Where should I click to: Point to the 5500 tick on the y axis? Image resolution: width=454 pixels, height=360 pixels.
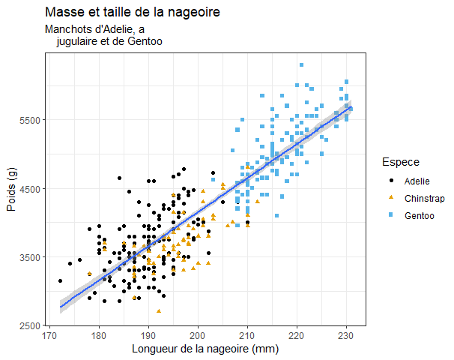[32, 120]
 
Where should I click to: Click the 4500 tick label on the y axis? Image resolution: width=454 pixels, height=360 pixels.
[32, 189]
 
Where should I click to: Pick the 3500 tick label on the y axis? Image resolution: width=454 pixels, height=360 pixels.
[32, 257]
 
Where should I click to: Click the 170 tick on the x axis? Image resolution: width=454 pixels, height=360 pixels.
[49, 335]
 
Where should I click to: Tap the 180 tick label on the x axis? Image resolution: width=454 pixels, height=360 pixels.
[99, 335]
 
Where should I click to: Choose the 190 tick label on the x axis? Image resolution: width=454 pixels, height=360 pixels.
[148, 335]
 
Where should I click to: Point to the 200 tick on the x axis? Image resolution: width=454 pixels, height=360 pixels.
[198, 335]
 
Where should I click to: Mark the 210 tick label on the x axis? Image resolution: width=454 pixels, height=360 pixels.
[247, 335]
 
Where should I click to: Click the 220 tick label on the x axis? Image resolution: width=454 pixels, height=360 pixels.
[297, 335]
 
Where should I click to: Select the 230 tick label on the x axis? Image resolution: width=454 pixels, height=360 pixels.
[346, 335]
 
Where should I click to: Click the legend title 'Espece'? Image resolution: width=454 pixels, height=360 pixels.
[400, 162]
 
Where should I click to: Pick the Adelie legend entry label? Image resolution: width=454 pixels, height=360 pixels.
[417, 181]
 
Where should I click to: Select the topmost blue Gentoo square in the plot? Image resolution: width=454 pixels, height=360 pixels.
[301, 65]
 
